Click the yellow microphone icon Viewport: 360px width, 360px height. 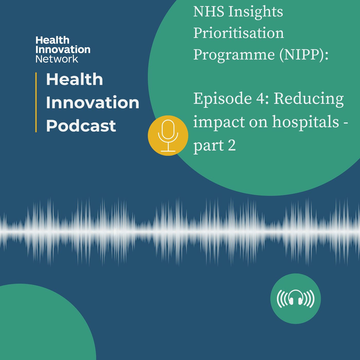tap(168, 136)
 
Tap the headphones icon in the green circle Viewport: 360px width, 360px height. tap(295, 299)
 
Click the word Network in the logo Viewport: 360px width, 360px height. tap(57, 59)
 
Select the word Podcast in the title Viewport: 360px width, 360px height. tap(81, 126)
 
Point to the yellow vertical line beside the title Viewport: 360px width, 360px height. tap(36, 102)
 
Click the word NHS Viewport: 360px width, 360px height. tap(209, 12)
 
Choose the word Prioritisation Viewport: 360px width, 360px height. tap(239, 33)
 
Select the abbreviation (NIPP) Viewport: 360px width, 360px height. tap(304, 55)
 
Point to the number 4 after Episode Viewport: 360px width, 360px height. tap(260, 99)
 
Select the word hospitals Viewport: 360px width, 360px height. tap(305, 121)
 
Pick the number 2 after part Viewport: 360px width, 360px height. tap(232, 145)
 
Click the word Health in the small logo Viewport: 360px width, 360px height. tap(52, 40)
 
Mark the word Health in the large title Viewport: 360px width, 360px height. tap(74, 79)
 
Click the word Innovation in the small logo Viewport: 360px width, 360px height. tap(63, 50)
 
